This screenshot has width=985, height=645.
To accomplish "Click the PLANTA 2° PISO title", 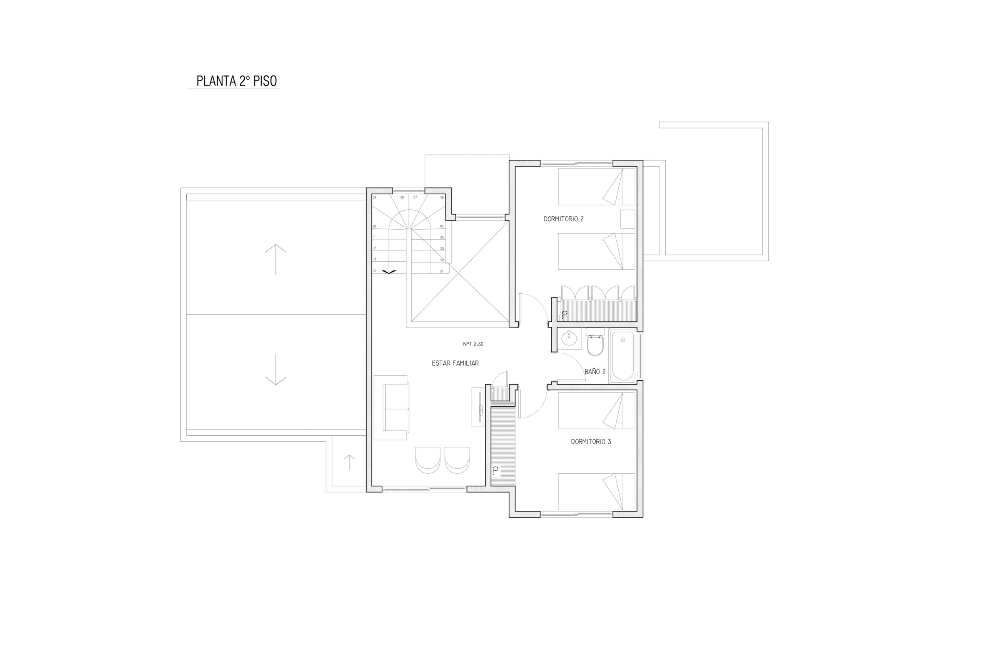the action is tap(236, 81).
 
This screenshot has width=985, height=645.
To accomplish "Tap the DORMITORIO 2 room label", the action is tap(563, 219).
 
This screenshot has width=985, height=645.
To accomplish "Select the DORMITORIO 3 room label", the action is tap(591, 442).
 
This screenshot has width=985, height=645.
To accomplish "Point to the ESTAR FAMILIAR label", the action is tap(455, 363).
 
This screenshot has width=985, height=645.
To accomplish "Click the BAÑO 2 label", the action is tap(595, 372).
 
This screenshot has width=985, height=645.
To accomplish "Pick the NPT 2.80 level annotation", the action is tap(473, 344).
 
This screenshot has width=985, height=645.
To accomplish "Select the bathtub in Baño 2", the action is tap(623, 356).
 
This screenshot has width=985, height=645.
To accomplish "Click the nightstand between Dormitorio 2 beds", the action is tap(628, 219).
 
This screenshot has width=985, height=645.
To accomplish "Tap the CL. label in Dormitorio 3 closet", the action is tap(496, 470).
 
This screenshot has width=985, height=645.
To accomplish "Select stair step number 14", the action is tap(374, 270).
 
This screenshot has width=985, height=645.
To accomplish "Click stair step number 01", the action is tap(442, 271).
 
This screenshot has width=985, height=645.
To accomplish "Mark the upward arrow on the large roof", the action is tap(275, 259).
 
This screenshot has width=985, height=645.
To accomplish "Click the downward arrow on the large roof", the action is tap(275, 370).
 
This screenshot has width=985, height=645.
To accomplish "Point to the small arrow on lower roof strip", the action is tap(349, 463).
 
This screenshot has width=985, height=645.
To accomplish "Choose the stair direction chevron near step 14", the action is tap(389, 272).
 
